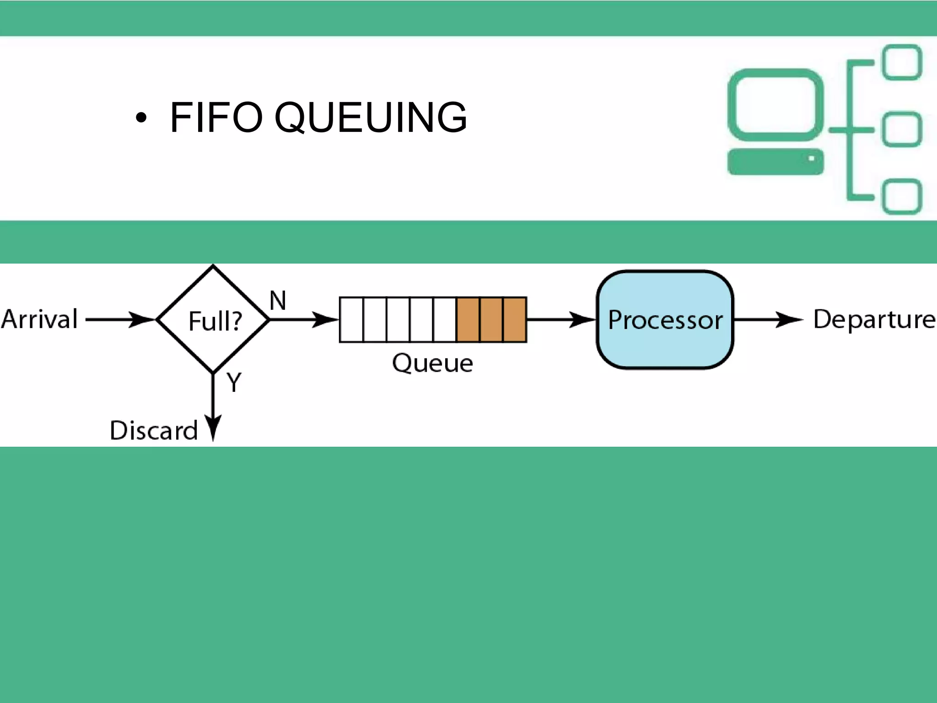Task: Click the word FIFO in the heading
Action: [x=216, y=118]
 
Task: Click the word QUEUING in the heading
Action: [x=371, y=118]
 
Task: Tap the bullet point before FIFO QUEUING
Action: [x=141, y=118]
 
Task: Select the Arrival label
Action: [x=40, y=319]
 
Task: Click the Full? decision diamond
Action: [x=213, y=319]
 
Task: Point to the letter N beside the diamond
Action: [x=278, y=301]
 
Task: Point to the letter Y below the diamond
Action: [x=234, y=382]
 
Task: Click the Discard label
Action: [x=154, y=430]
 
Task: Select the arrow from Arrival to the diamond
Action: [x=120, y=319]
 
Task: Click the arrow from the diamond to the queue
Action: [x=303, y=319]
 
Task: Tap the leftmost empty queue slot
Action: [x=351, y=319]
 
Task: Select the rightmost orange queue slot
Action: [x=515, y=319]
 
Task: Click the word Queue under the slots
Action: [x=432, y=363]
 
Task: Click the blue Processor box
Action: [x=665, y=319]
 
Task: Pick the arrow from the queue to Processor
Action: [x=561, y=319]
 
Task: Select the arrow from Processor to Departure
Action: [x=768, y=319]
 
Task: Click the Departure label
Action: [x=874, y=319]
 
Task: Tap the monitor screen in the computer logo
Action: [x=775, y=104]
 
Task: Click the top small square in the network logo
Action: [x=901, y=62]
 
